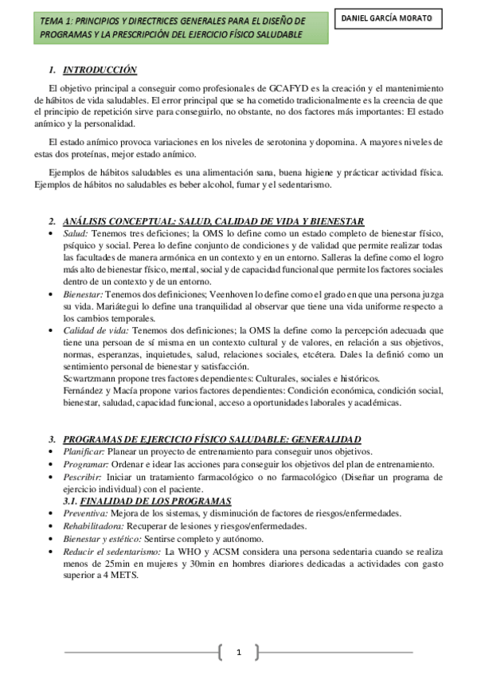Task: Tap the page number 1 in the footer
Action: tap(238, 653)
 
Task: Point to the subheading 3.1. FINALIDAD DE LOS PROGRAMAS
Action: tap(147, 500)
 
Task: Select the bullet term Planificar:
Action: tap(84, 451)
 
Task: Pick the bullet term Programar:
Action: tap(84, 463)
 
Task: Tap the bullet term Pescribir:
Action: tap(83, 476)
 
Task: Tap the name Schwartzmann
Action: tap(93, 378)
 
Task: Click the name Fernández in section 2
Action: tap(84, 390)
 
